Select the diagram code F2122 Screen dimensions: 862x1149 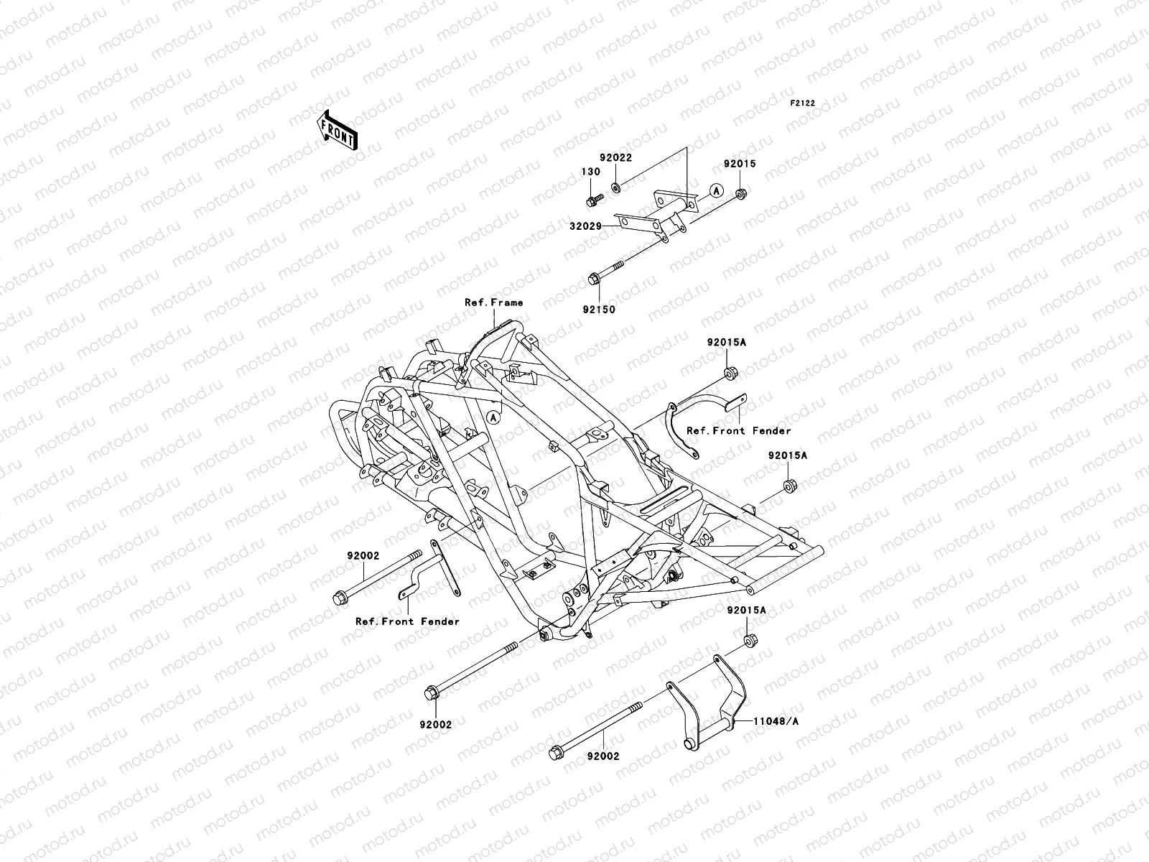tap(803, 103)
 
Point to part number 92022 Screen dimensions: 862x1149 tap(615, 158)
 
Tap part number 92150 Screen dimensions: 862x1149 tap(599, 310)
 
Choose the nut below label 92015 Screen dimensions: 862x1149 tap(740, 194)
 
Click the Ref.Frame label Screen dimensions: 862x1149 tap(494, 302)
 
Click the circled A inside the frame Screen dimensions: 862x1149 tap(492, 416)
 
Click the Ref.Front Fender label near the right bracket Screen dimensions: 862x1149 tap(738, 431)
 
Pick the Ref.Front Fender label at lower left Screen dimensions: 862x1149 tap(407, 621)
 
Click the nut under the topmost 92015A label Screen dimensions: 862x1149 tap(730, 373)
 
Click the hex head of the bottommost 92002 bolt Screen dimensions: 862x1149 tap(555, 753)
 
